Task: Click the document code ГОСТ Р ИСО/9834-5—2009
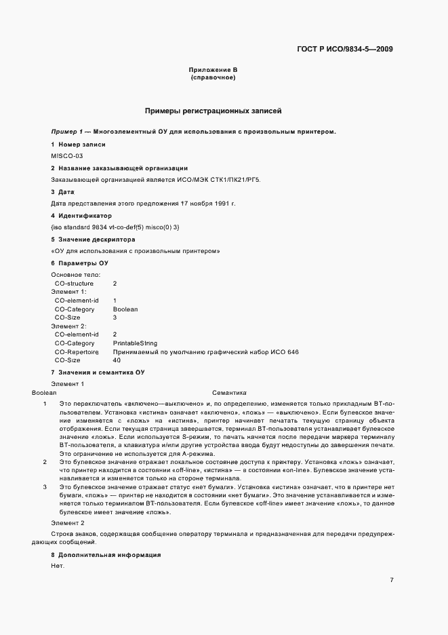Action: click(x=345, y=49)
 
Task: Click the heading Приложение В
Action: click(x=213, y=71)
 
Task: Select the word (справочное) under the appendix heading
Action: click(x=213, y=78)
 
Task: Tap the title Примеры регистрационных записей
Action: click(x=213, y=110)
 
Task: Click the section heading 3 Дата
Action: click(x=63, y=192)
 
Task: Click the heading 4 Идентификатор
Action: click(x=77, y=215)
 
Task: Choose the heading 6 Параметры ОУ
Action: click(x=79, y=263)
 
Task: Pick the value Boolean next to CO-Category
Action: click(x=125, y=309)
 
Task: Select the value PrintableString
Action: click(x=135, y=343)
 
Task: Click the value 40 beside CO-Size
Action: click(x=117, y=360)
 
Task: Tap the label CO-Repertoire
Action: click(x=77, y=352)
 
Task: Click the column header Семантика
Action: click(x=229, y=393)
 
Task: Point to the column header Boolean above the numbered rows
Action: click(x=44, y=393)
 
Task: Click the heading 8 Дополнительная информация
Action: click(x=106, y=555)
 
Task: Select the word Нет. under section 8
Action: click(x=57, y=566)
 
